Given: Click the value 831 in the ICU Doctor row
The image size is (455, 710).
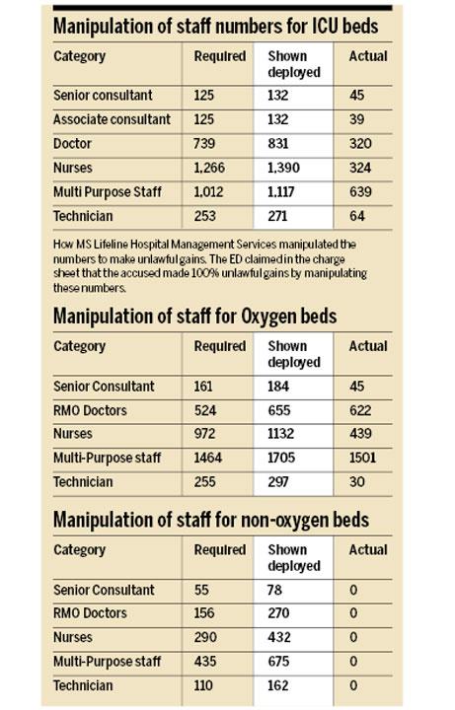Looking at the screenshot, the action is (277, 144).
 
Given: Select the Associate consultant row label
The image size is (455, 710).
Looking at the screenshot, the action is (112, 119).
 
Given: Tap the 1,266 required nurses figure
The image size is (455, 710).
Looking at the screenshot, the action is (209, 168).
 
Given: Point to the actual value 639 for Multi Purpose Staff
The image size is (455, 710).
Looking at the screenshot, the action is (360, 192).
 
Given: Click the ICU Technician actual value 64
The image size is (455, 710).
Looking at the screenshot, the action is (356, 216).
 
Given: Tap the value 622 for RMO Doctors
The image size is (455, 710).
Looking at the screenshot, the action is (360, 410).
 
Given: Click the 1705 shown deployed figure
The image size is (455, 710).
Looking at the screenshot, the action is (281, 458).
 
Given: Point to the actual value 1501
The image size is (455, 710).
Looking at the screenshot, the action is (362, 458).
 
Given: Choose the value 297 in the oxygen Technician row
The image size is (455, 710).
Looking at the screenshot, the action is (277, 482).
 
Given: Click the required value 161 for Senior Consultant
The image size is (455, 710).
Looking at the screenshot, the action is (203, 387).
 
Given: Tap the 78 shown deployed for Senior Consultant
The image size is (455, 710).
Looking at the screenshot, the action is (274, 590).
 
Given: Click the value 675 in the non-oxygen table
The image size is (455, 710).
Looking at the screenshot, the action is (278, 662).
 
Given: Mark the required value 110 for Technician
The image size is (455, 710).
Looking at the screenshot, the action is (203, 685).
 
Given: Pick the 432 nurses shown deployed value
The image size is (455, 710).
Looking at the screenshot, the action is (278, 638).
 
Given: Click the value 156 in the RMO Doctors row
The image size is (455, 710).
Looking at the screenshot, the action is (204, 613).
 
